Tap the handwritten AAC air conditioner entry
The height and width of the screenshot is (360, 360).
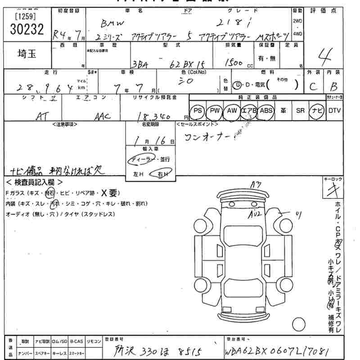102,116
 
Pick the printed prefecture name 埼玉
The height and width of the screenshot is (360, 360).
27,54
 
